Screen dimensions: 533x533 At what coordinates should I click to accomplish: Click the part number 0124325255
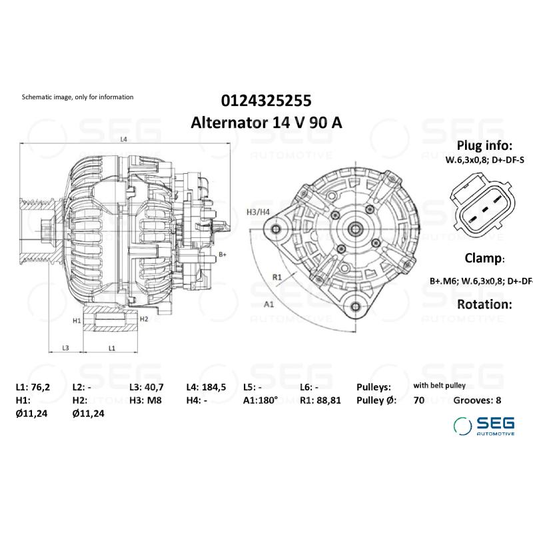(x=266, y=101)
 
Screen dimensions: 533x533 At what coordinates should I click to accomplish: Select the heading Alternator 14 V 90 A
(x=266, y=123)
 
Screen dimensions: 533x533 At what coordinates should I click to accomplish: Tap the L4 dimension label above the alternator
(x=124, y=140)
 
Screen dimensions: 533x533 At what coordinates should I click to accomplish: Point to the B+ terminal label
(x=223, y=255)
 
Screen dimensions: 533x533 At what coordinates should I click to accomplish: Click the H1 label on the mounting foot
(x=77, y=320)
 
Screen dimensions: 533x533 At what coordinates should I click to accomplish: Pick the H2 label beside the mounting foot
(x=143, y=319)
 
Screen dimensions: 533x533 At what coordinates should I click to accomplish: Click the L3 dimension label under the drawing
(x=66, y=348)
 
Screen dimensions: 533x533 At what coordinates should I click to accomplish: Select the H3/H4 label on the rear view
(x=258, y=212)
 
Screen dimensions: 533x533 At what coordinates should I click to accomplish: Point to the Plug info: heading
(x=484, y=146)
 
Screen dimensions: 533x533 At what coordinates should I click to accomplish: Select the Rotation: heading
(x=484, y=304)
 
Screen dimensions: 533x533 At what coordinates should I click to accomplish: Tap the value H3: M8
(x=145, y=400)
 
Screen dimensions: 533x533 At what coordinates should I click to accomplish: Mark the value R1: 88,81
(x=322, y=400)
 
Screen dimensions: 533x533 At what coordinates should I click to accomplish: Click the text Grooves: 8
(x=477, y=400)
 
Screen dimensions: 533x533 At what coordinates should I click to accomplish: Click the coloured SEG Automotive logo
(x=484, y=425)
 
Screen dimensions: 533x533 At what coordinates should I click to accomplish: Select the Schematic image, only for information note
(x=78, y=97)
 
